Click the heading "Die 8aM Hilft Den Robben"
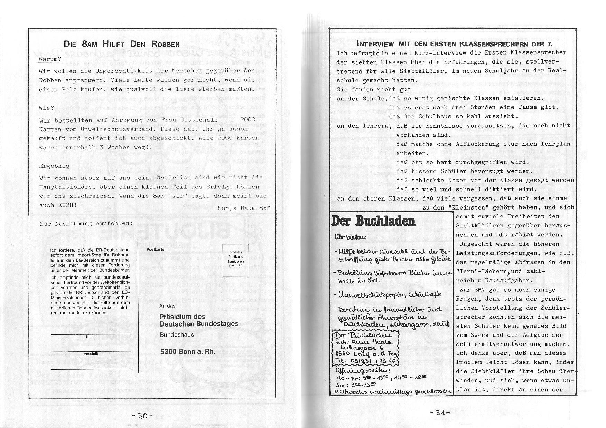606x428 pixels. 122,44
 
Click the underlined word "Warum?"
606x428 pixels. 50,59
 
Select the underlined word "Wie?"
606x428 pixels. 46,108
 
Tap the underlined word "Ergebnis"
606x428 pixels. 54,166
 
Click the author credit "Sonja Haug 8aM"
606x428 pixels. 244,208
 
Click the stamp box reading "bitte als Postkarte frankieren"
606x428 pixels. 235,260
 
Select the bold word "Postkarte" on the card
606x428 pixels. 156,249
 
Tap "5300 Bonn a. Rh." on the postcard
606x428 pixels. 187,352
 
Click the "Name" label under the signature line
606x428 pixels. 91,337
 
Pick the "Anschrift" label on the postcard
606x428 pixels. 91,354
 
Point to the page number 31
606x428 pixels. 440,412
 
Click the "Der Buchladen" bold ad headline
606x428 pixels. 373,221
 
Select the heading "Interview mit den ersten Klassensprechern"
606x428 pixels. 454,44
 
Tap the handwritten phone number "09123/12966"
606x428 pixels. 370,362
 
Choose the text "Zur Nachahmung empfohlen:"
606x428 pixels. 86,223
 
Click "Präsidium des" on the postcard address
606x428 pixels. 182,317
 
